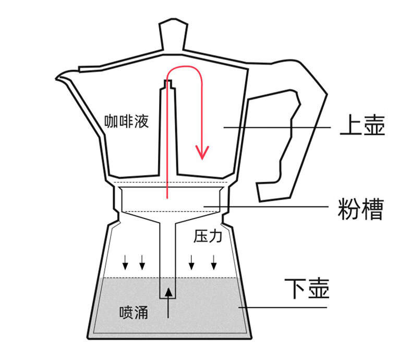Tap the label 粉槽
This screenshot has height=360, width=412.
tap(361, 209)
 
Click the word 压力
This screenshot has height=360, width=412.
tap(208, 237)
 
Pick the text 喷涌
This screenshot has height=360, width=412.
tap(133, 313)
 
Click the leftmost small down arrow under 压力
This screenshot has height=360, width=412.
tap(125, 264)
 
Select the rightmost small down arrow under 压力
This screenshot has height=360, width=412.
tap(213, 264)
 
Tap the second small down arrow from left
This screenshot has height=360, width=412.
tap(142, 264)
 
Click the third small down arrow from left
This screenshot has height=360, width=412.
tap(192, 264)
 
